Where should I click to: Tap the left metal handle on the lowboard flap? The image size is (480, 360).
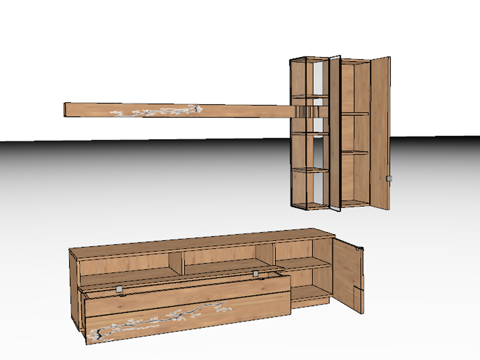coord(120,289)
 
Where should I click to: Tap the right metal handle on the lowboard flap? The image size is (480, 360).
coord(256,273)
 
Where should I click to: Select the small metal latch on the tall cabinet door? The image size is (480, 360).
coord(388,179)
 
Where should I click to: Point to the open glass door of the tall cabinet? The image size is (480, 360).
coord(335,134)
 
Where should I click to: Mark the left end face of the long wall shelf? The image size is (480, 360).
coord(65,109)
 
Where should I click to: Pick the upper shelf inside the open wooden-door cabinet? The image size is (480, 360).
coord(355,113)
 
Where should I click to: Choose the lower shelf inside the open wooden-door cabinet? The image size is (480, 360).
coord(355,152)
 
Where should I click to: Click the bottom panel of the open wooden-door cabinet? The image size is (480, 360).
coord(355,203)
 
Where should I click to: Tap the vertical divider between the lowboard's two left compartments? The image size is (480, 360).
coord(176,263)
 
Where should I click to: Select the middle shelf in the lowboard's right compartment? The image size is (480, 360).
coord(302,264)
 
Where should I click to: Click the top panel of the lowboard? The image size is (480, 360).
coord(202,243)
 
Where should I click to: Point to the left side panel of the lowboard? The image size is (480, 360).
coord(74,291)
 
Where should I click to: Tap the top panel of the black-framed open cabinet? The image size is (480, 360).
coord(309,59)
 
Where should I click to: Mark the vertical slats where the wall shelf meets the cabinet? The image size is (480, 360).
coord(306,111)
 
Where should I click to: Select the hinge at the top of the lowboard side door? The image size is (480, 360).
coord(360,249)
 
